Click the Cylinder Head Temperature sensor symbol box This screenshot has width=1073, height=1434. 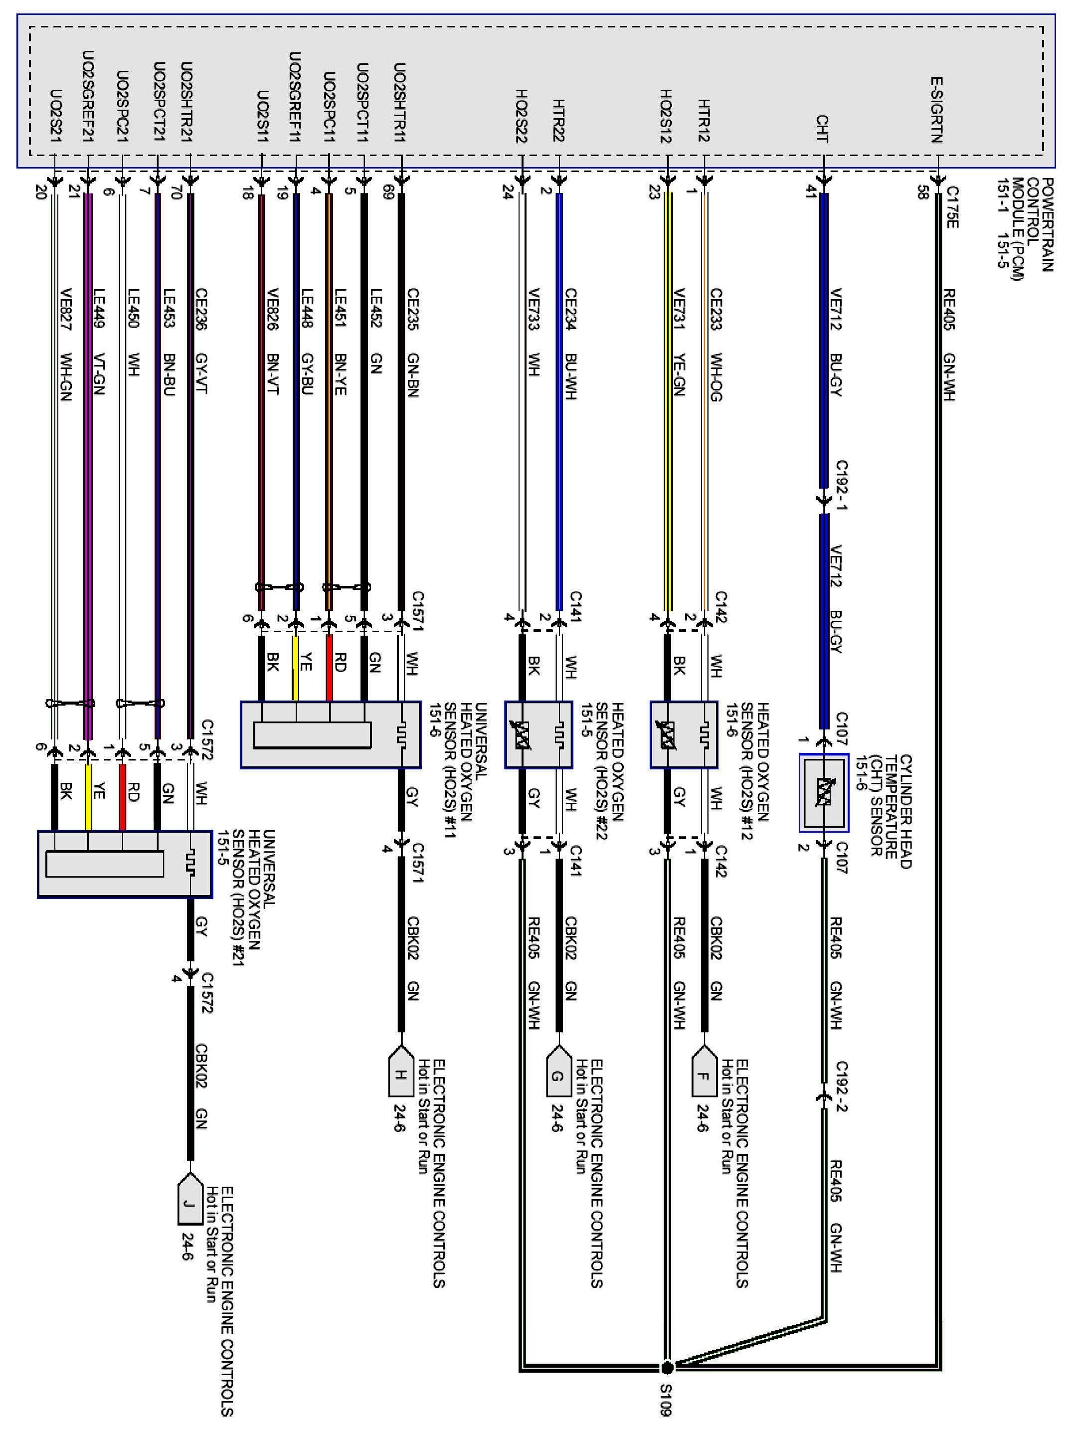point(823,792)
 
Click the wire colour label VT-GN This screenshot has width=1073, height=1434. point(99,373)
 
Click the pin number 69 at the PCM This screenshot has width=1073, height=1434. point(388,192)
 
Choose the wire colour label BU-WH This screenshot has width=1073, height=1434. point(570,376)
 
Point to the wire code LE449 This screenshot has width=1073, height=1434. point(99,309)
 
